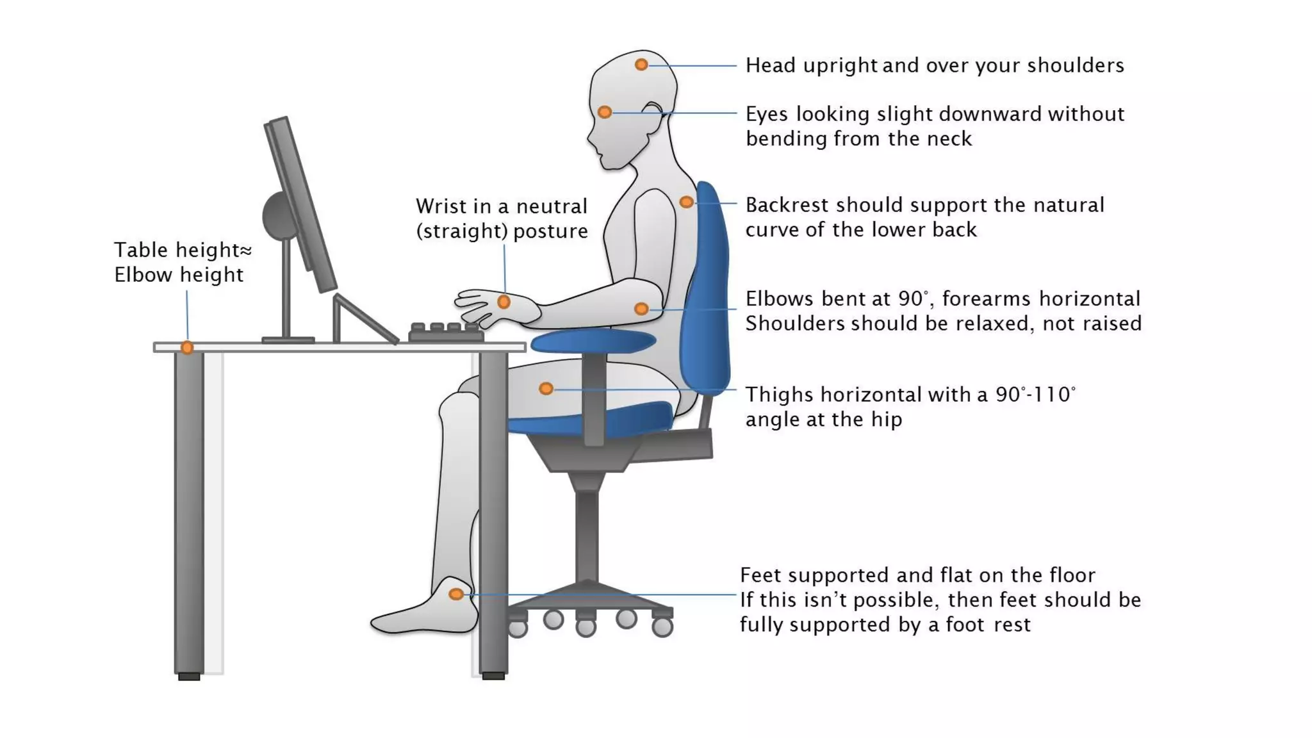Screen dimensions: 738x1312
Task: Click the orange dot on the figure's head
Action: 641,65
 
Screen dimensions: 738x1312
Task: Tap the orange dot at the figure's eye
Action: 604,112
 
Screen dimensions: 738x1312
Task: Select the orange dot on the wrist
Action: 504,302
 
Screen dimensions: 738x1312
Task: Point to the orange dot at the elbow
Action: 641,309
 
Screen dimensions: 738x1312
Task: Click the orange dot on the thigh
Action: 546,388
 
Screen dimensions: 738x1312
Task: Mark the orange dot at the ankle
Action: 456,594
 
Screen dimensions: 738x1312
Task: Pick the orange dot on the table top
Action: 187,348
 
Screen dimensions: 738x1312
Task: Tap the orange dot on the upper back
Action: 686,202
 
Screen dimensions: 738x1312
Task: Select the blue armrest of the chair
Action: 593,341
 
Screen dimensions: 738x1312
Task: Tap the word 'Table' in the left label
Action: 142,250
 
